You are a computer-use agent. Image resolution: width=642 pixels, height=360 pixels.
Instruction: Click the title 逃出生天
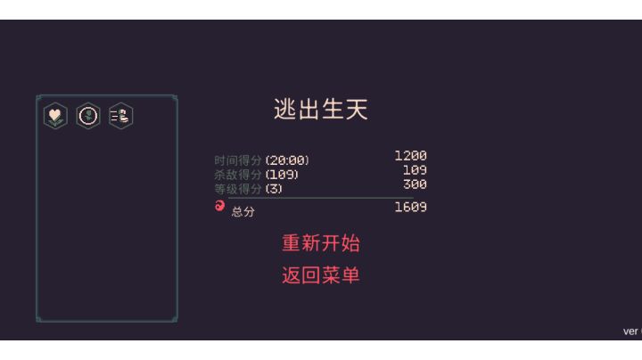(x=321, y=110)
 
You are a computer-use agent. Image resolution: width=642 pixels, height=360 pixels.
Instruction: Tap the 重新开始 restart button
(x=321, y=243)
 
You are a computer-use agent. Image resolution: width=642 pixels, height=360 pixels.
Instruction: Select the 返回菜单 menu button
(x=321, y=275)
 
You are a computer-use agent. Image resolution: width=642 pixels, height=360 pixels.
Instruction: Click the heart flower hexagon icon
(x=55, y=116)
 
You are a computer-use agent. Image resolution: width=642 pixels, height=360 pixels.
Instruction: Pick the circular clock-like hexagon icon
(x=88, y=116)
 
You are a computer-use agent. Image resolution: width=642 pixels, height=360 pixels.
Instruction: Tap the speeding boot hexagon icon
(x=120, y=116)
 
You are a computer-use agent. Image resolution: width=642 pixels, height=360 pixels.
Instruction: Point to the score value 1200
(x=411, y=155)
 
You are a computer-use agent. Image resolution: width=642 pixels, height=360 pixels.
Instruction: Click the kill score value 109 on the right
(x=415, y=170)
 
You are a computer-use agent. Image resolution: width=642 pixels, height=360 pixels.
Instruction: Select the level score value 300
(x=415, y=184)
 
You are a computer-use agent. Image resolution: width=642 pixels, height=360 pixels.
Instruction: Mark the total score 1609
(x=411, y=207)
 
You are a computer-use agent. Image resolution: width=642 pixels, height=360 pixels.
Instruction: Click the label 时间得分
(x=238, y=160)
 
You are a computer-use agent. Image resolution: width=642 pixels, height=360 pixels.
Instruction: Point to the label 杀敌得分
(x=238, y=175)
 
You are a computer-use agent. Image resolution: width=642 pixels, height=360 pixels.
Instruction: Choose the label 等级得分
(x=238, y=189)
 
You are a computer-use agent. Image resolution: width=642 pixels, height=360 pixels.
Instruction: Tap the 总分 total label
(x=243, y=211)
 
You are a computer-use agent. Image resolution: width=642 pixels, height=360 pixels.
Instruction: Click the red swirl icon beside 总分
(x=220, y=206)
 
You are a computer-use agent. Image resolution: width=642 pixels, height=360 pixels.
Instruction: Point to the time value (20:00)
(x=287, y=160)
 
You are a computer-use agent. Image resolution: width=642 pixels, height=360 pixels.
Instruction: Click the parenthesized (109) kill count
(x=282, y=175)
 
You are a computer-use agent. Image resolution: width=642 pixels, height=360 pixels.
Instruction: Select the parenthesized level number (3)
(x=274, y=189)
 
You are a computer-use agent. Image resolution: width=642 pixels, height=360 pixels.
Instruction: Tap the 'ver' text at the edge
(x=631, y=331)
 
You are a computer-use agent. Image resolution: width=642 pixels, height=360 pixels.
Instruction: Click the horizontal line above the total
(x=321, y=198)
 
